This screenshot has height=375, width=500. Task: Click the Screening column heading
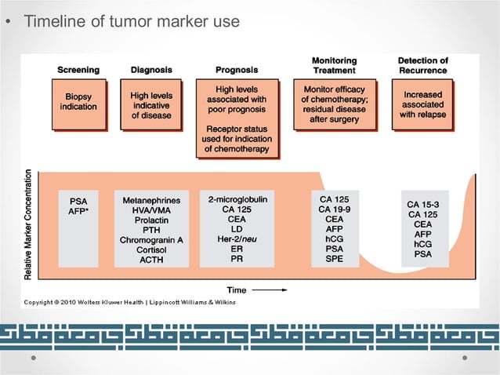(x=78, y=70)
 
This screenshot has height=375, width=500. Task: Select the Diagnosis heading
(x=151, y=70)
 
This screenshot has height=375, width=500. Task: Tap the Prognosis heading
(x=237, y=70)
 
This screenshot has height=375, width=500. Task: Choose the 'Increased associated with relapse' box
(x=422, y=105)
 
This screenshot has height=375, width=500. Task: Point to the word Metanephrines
(x=151, y=201)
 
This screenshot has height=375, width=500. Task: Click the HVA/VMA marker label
(x=151, y=213)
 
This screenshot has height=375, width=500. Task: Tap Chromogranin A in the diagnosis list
(x=151, y=236)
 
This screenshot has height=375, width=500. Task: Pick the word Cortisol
(x=151, y=248)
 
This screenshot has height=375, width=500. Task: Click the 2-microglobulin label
(x=237, y=200)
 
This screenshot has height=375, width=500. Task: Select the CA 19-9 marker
(x=334, y=209)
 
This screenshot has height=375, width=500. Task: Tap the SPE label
(x=334, y=258)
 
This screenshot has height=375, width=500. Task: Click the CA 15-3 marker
(x=423, y=204)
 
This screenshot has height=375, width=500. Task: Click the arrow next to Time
(x=268, y=290)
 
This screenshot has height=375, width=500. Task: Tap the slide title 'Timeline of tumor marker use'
(x=132, y=21)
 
